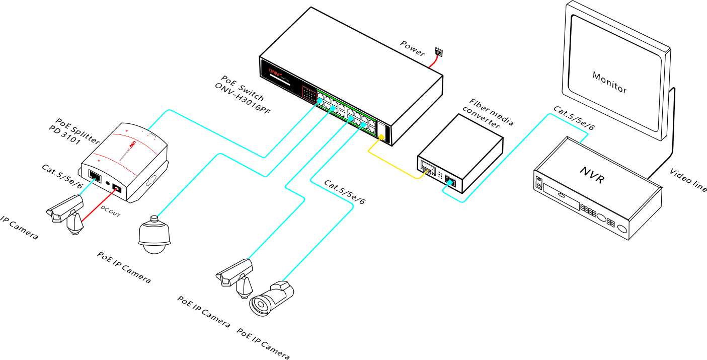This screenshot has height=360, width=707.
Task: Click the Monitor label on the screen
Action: point(609,82)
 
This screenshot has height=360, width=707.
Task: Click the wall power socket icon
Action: point(438,51)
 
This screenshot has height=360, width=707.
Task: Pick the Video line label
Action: point(688,180)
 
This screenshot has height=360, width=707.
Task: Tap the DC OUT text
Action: point(111,210)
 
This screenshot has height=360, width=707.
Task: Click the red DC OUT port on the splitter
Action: point(117,189)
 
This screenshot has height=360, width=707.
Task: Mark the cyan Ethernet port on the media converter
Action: point(451,182)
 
